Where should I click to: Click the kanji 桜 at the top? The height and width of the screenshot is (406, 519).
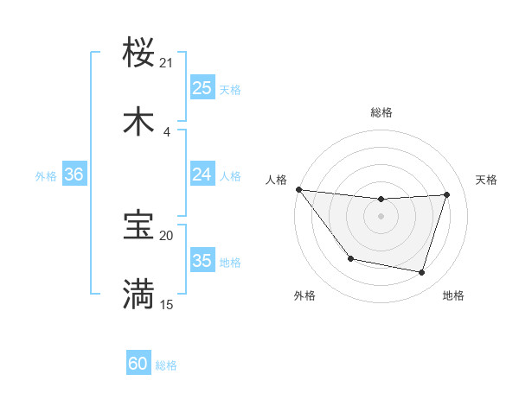(139, 53)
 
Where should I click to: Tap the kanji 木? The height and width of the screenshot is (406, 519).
(139, 122)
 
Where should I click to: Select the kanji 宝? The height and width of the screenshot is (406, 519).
(139, 225)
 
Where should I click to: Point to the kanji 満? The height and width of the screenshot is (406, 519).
(139, 295)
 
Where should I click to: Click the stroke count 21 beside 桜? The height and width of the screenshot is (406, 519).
(167, 62)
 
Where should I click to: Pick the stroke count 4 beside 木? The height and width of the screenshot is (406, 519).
(167, 131)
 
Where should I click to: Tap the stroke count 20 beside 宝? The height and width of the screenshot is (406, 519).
(167, 235)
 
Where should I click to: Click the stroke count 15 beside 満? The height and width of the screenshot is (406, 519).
(167, 304)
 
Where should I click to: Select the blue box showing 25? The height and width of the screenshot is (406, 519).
(202, 88)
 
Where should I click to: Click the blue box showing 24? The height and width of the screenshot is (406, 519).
(202, 174)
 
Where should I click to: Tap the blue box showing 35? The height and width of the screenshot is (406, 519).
(202, 261)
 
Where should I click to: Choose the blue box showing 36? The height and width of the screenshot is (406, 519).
(74, 174)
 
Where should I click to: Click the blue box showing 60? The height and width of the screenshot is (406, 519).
(138, 365)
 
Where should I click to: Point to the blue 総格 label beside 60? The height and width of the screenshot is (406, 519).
(166, 365)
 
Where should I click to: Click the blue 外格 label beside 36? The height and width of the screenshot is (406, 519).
(46, 175)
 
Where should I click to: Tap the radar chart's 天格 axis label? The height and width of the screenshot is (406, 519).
(487, 180)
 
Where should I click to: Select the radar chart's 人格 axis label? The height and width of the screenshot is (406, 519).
(277, 180)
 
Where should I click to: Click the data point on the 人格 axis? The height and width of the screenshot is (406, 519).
(298, 189)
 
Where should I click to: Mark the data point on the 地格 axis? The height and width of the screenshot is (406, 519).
(422, 273)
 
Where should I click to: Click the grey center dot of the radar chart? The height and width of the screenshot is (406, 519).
(381, 216)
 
